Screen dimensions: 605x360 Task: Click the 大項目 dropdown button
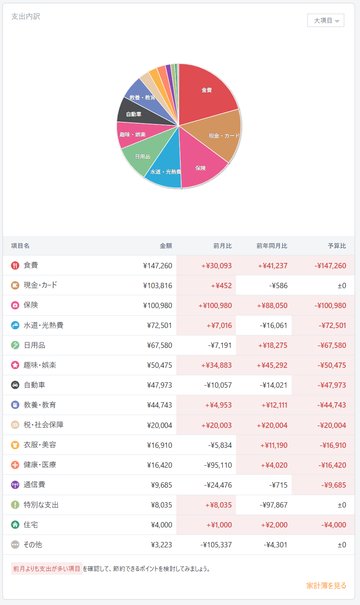click(x=326, y=20)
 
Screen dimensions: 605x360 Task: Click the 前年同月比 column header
click(x=272, y=246)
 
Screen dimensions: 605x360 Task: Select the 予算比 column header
click(x=337, y=246)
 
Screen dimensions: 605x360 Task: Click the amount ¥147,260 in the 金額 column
click(x=158, y=266)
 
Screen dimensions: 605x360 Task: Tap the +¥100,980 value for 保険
click(x=215, y=306)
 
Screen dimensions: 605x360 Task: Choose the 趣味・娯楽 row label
click(x=40, y=365)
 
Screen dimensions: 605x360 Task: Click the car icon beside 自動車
click(x=15, y=385)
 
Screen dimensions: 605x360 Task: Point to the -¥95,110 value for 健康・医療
click(x=218, y=465)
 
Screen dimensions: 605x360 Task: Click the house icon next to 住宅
click(x=15, y=525)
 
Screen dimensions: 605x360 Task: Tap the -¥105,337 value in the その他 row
click(x=216, y=545)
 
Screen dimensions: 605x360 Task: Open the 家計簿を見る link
click(x=326, y=586)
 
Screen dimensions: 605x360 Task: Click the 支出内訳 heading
click(x=26, y=17)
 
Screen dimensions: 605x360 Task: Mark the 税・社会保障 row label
click(x=44, y=425)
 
